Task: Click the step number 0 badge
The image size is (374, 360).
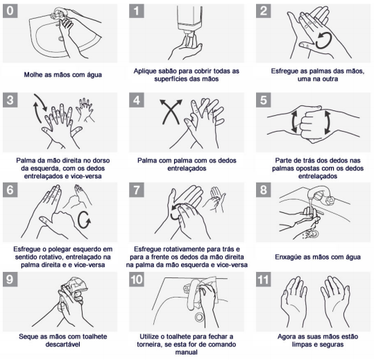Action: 10,11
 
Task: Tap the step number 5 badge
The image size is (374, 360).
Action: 264,100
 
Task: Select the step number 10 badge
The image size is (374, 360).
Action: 137,280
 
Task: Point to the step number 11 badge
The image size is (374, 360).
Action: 264,280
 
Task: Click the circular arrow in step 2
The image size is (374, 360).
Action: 323,41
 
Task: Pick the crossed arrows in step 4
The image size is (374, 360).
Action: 171,112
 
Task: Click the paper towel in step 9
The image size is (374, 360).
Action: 74,286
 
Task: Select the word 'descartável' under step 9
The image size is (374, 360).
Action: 62,345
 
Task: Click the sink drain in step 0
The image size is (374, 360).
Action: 61,38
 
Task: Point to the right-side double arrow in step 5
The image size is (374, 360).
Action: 327,123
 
